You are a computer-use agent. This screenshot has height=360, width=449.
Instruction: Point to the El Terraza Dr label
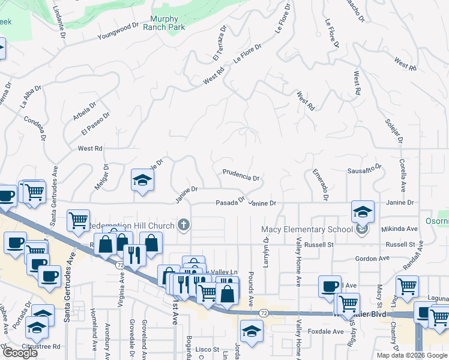[x=218, y=43]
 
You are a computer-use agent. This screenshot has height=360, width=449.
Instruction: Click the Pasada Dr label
[x=231, y=203]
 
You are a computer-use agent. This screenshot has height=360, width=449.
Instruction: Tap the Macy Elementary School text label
[x=306, y=229]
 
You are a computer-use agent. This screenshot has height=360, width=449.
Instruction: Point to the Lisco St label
[x=207, y=349]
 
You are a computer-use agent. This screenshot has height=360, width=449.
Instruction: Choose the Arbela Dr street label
[x=85, y=111]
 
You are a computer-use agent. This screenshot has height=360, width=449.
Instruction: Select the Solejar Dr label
[x=394, y=131]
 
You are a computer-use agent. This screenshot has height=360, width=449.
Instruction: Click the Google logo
[x=20, y=353]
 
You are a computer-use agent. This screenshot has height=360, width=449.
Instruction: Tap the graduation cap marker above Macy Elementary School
[x=363, y=211]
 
